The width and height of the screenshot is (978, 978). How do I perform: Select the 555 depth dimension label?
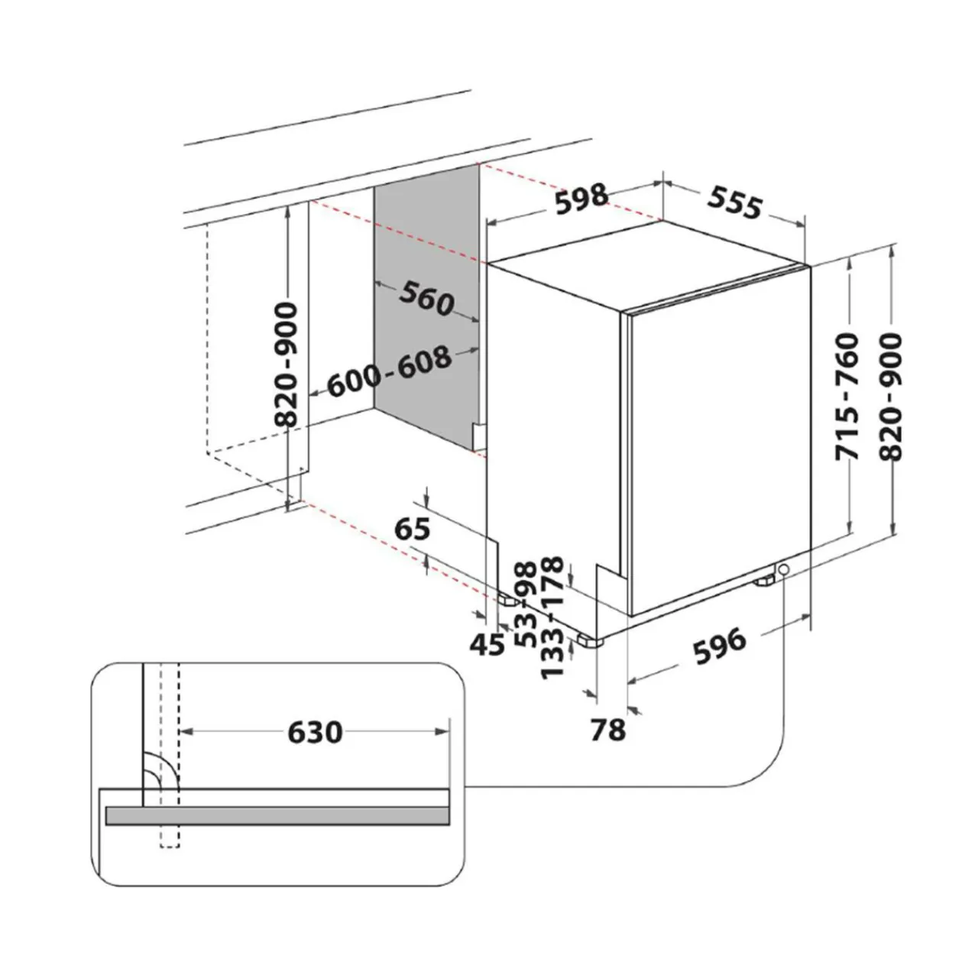click(x=734, y=202)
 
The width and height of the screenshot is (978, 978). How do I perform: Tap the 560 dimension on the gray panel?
click(x=426, y=299)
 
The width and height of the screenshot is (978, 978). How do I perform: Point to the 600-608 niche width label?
click(x=389, y=371)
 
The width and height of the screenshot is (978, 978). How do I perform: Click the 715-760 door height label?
click(x=847, y=397)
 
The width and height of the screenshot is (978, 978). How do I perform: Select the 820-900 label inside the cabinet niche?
click(x=285, y=365)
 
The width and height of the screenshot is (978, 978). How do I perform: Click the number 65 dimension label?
click(x=412, y=529)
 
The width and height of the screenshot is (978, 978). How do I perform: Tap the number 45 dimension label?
click(x=487, y=645)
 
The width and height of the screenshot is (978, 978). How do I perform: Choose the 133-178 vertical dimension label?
click(x=552, y=617)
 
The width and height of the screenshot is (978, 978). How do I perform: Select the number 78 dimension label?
click(x=608, y=730)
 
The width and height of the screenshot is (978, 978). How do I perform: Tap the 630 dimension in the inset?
click(x=315, y=733)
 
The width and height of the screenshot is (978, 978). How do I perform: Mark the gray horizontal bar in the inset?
click(x=277, y=815)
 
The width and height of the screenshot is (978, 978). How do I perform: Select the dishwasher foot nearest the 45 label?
click(x=507, y=600)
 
